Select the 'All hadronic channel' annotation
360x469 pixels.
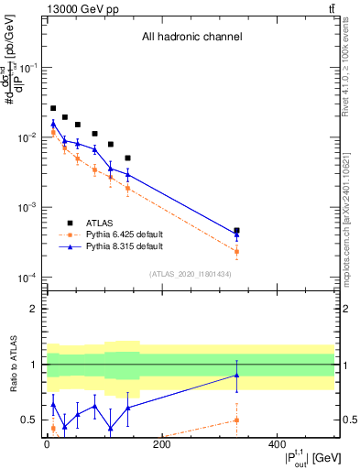coord(191,38)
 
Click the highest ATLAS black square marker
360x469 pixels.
coord(53,108)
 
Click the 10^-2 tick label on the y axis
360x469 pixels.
coord(30,137)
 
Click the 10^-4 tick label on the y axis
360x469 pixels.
coord(30,278)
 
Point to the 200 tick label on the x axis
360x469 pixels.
coord(161,444)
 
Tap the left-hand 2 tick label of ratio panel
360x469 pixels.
coord(35,309)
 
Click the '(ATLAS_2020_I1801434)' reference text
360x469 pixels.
coord(191,274)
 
